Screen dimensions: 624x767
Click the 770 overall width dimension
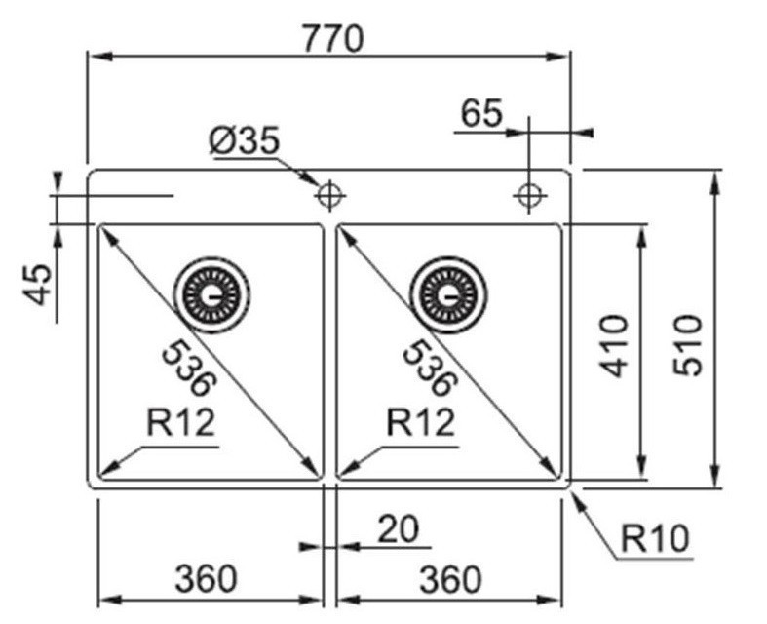point(331,37)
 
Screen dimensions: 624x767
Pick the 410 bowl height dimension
point(614,345)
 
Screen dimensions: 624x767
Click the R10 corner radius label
point(654,537)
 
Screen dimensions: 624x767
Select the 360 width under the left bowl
point(205,579)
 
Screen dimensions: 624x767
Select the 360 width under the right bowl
point(449,579)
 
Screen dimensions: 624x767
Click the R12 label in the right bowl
point(421,423)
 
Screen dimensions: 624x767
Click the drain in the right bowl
point(448,293)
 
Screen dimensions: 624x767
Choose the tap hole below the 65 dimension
point(529,195)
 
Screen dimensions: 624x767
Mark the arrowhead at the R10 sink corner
point(576,494)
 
